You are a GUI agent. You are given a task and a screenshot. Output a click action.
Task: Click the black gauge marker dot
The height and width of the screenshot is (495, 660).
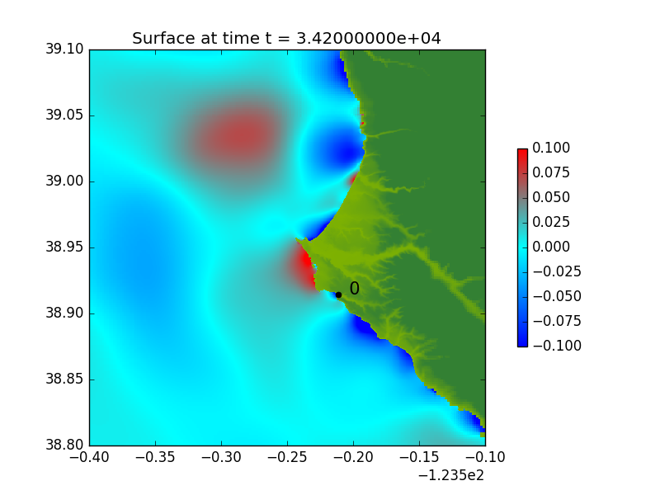pyautogui.click(x=338, y=295)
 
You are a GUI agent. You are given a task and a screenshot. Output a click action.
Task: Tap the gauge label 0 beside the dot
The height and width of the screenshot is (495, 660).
pyautogui.click(x=355, y=288)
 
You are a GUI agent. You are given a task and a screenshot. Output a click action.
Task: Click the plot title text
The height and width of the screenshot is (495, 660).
pyautogui.click(x=286, y=38)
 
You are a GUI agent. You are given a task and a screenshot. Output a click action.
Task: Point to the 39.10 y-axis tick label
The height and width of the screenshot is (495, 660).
pyautogui.click(x=65, y=49)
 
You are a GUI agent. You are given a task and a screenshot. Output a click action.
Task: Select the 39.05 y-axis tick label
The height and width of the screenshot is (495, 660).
pyautogui.click(x=65, y=115)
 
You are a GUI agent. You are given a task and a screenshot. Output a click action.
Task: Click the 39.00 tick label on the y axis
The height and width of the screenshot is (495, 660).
pyautogui.click(x=65, y=181)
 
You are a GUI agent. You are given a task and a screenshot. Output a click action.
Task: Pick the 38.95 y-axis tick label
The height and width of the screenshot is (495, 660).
pyautogui.click(x=65, y=247)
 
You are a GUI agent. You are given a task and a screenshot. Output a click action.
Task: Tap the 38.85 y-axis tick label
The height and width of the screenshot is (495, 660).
pyautogui.click(x=65, y=379)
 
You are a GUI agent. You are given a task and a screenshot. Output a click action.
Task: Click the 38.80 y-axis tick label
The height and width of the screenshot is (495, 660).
pyautogui.click(x=65, y=445)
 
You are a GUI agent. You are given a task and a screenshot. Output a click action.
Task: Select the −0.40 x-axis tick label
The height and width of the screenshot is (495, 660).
pyautogui.click(x=89, y=457)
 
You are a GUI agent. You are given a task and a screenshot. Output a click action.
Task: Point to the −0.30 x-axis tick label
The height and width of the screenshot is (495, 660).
pyautogui.click(x=221, y=457)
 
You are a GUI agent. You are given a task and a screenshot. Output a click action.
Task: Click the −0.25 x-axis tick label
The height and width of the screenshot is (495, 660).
pyautogui.click(x=287, y=457)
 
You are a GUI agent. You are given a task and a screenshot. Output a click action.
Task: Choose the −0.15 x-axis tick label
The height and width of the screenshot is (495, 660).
pyautogui.click(x=419, y=457)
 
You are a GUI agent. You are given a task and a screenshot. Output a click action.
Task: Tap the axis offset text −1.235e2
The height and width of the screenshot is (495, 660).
pyautogui.click(x=451, y=476)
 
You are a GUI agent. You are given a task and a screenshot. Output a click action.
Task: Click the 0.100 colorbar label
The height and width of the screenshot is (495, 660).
pyautogui.click(x=551, y=148)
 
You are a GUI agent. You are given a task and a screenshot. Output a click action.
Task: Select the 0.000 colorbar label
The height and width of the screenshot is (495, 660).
pyautogui.click(x=551, y=247)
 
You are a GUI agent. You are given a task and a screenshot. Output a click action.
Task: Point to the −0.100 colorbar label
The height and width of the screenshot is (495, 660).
pyautogui.click(x=557, y=346)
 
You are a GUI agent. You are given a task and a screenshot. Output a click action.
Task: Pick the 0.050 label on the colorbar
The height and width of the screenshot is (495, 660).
pyautogui.click(x=551, y=197)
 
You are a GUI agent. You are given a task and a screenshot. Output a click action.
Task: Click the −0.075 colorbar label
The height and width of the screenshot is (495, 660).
pyautogui.click(x=557, y=321)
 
